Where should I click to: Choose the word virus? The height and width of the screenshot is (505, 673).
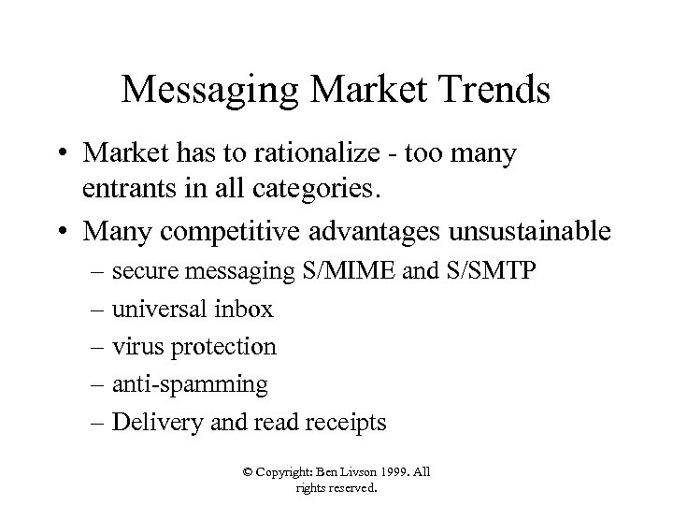tap(132, 347)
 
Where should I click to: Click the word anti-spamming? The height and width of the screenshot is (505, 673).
tap(190, 384)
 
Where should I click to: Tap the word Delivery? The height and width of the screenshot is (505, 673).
tap(149, 422)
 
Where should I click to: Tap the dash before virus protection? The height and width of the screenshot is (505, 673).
tap(97, 347)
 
